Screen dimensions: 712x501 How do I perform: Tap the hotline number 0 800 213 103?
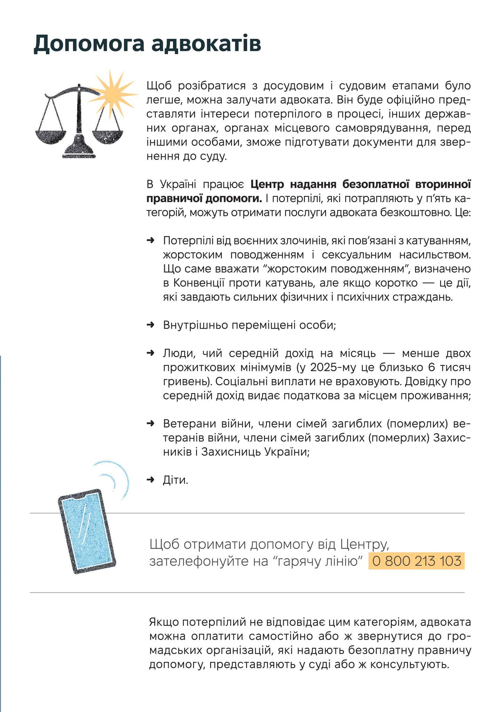[416, 561]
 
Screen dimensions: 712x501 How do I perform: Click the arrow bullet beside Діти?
[150, 480]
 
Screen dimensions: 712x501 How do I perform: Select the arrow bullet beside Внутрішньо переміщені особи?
[150, 325]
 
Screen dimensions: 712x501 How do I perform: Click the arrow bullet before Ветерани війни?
[150, 424]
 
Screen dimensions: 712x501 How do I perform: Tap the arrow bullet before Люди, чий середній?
[150, 353]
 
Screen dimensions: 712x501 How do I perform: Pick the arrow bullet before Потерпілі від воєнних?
[150, 241]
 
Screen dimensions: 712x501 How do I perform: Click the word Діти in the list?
[175, 480]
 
